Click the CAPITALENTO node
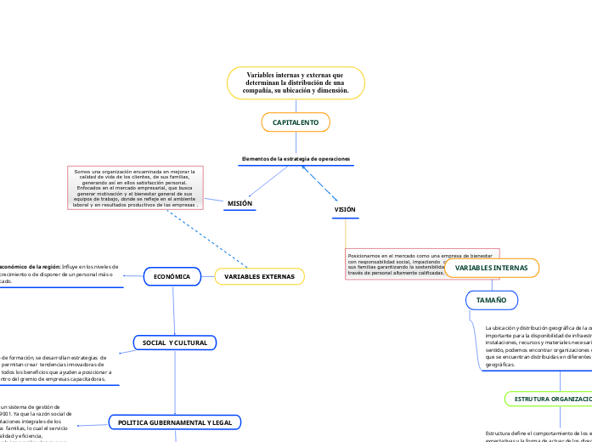point(296,123)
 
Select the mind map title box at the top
point(296,82)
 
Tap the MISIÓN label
point(240,204)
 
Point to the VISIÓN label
point(345,209)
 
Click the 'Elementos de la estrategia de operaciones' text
point(296,159)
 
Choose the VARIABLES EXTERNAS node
point(259,277)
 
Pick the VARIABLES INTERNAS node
point(491,268)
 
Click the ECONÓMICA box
point(172,277)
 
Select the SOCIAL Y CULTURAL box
point(175,343)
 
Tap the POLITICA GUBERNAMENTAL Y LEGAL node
point(174,422)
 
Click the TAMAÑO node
point(491,300)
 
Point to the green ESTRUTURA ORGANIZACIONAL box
point(549,399)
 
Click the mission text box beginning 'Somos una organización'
point(136,188)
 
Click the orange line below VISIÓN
point(346,234)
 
